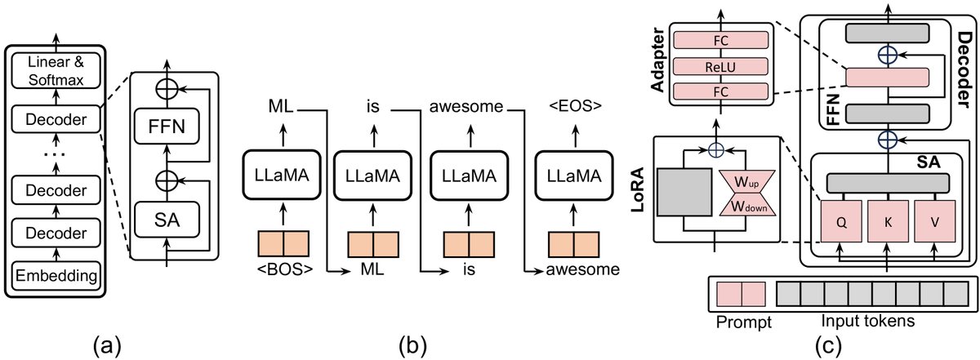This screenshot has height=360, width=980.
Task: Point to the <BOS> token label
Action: pos(284,267)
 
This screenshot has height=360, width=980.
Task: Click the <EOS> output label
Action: pos(572,106)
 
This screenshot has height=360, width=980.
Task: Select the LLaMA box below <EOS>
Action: pos(572,173)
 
